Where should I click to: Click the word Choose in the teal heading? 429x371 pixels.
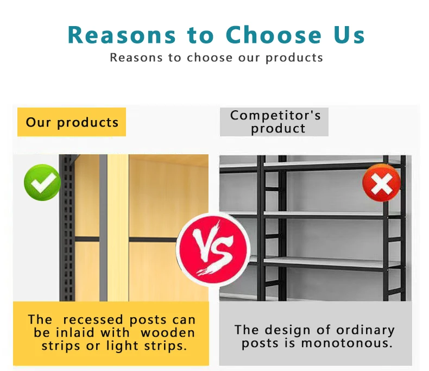click(274, 35)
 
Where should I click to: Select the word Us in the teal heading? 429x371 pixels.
click(349, 35)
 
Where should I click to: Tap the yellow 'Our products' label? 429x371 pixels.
click(72, 122)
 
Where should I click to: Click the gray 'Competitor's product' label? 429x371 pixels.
click(275, 122)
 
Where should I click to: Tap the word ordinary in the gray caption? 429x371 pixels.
click(365, 330)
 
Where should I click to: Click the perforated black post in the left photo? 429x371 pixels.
click(67, 228)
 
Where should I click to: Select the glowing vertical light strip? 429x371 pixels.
click(117, 228)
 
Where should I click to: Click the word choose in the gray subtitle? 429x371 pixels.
click(210, 58)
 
